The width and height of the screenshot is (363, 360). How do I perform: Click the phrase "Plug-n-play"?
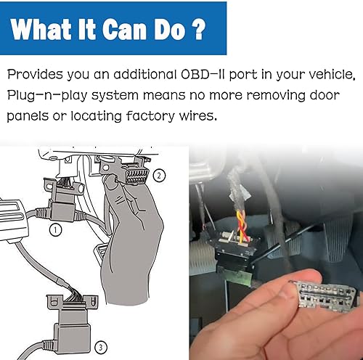pyautogui.click(x=50, y=95)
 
